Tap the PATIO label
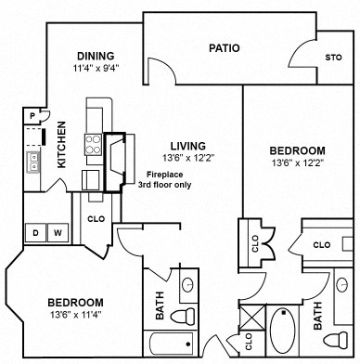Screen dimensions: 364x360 225,48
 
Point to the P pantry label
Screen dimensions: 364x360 32,115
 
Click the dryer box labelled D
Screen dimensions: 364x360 36,232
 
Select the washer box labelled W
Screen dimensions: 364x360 57,232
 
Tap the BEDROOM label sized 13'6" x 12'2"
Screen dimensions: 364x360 297,150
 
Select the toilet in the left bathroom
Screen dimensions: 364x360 186,315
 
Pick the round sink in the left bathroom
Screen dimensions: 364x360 187,284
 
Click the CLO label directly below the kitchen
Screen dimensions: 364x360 96,219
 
